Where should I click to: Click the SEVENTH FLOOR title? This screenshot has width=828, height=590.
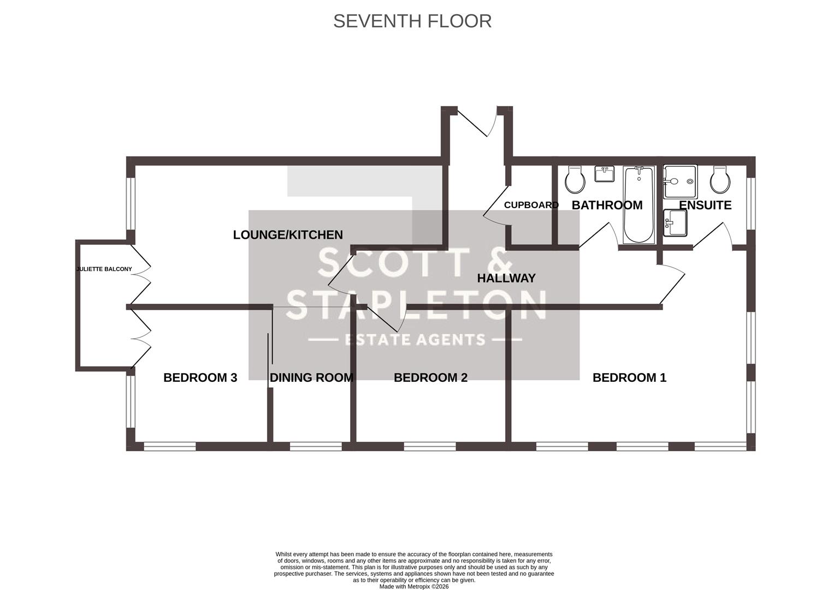(x=412, y=21)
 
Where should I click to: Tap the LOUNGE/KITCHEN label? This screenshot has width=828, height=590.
(x=288, y=235)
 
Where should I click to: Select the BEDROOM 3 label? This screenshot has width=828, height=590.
(x=200, y=377)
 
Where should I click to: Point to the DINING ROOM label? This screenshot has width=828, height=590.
(x=311, y=377)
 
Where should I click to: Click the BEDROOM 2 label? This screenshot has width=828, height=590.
(x=430, y=377)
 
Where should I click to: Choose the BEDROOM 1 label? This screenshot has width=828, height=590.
(x=629, y=377)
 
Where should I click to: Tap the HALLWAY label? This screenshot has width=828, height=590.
(x=506, y=278)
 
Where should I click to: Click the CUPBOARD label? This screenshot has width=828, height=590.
(x=531, y=205)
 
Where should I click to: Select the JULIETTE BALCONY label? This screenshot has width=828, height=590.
(x=104, y=269)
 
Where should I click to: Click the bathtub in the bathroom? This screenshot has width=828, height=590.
(x=638, y=205)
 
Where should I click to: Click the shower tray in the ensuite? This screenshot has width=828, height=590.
(x=680, y=181)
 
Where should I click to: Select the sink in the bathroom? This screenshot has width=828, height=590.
(x=604, y=174)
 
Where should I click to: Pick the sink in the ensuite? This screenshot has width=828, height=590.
(x=675, y=223)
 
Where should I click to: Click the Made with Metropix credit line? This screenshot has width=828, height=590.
(x=413, y=586)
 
